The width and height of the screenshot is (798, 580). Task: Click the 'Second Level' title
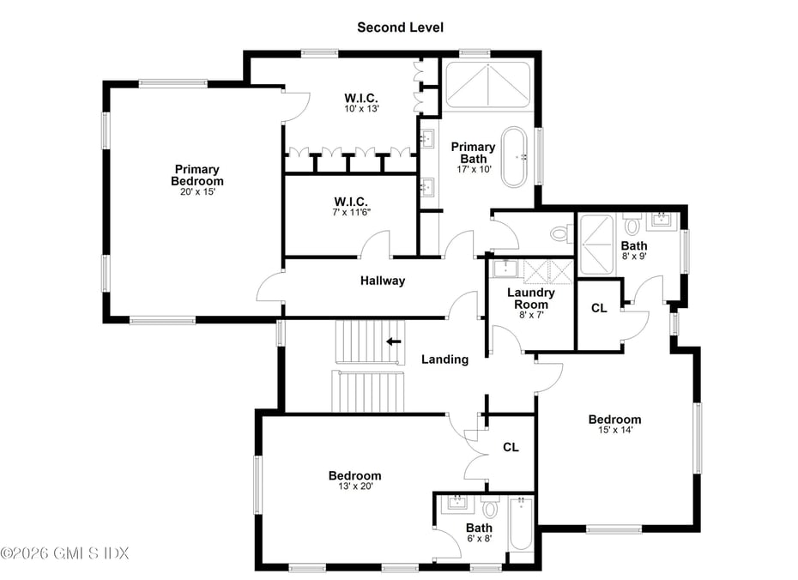pos(400,27)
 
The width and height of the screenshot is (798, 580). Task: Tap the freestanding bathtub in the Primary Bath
pos(516,157)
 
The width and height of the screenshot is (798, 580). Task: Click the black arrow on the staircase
pos(394,341)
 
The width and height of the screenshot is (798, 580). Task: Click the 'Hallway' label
pos(383,281)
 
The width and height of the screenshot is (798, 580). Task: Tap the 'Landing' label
pos(444,359)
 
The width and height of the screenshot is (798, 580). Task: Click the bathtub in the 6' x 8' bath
pos(520,524)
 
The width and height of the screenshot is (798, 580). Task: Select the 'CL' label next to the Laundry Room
pos(599,308)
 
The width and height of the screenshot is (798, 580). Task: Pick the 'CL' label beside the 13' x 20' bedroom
pos(511,447)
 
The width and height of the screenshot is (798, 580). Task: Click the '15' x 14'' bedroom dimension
pos(614,431)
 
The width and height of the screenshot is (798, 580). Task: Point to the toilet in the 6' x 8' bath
pos(490,508)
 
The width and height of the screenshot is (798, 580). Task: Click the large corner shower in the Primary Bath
pos(487,84)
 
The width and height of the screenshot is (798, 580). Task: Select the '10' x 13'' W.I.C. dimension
pos(361,109)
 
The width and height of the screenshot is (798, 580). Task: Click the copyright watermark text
pos(64,553)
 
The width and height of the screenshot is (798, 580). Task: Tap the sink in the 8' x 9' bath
pos(662,221)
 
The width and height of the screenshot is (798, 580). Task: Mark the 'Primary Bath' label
pos(473,153)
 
